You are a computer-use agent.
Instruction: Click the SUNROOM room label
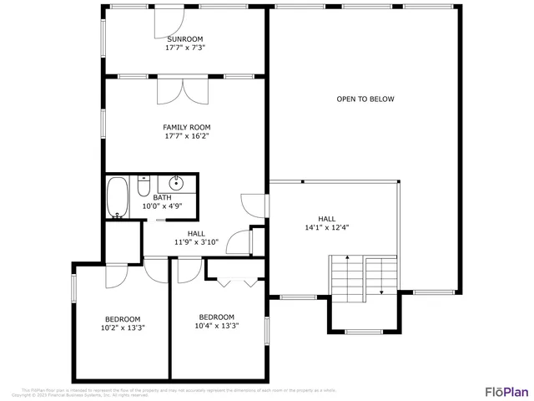(185, 39)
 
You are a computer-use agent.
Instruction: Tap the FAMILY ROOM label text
(186, 127)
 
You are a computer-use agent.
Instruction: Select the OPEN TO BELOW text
(365, 99)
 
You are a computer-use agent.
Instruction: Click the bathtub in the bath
(118, 198)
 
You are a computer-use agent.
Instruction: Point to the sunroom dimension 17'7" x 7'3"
(185, 48)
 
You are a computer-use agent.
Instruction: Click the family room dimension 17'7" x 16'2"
(186, 136)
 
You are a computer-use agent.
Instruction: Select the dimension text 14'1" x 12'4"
(327, 226)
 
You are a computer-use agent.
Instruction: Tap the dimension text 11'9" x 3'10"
(196, 242)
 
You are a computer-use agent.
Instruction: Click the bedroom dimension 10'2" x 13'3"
(123, 328)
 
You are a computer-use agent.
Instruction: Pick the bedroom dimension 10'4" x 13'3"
(216, 327)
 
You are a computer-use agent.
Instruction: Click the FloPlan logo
(506, 391)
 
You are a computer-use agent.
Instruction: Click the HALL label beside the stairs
(326, 216)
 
